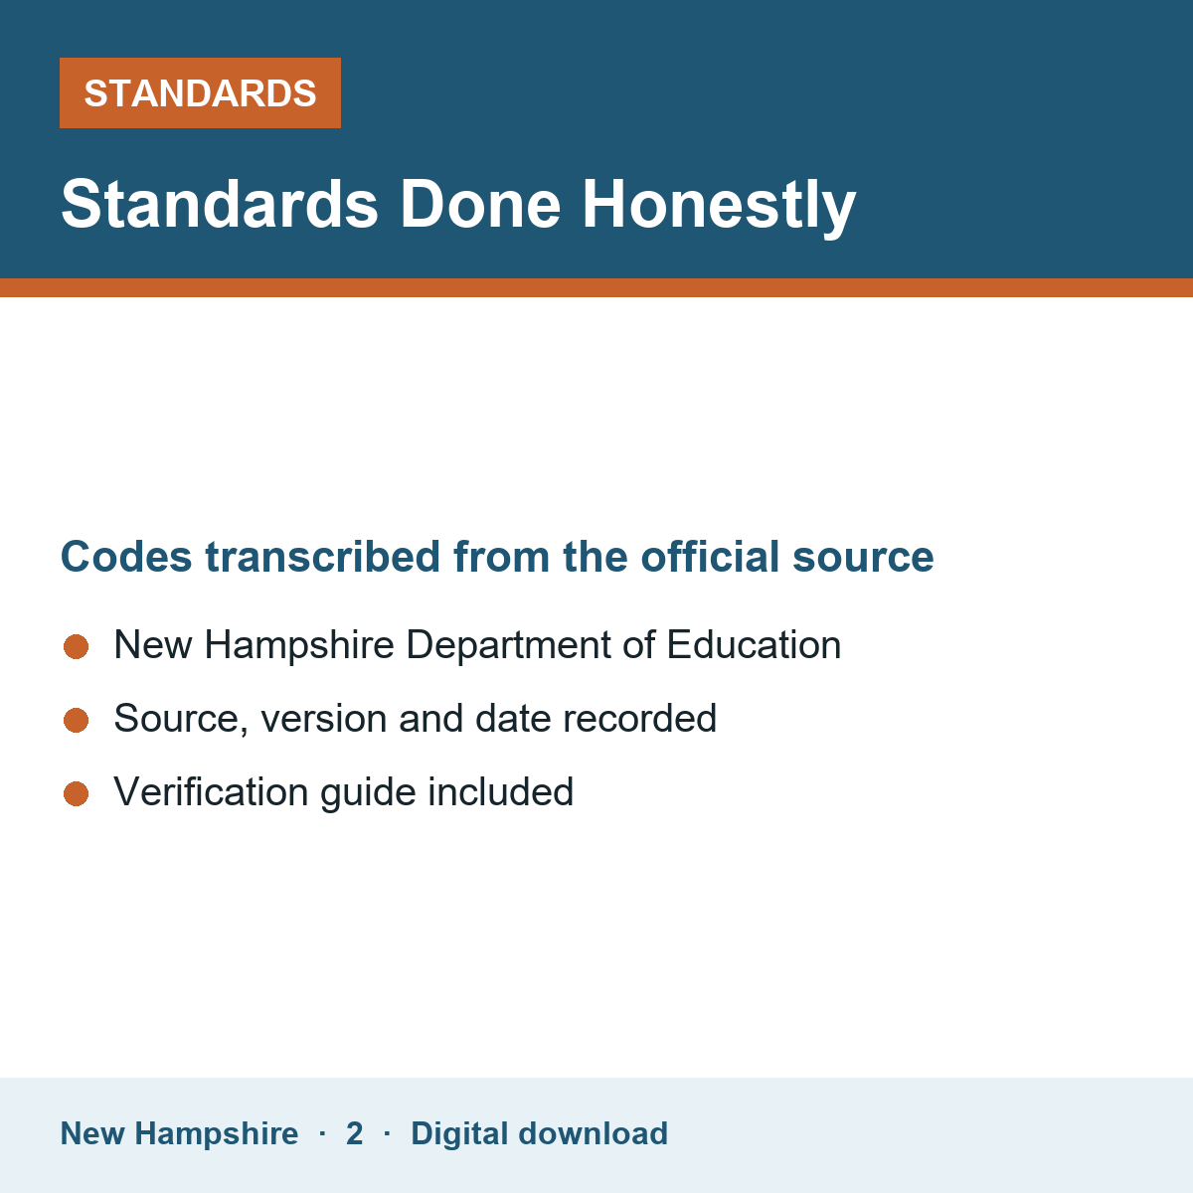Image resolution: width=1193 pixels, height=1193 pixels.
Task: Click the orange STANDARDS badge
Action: tap(200, 92)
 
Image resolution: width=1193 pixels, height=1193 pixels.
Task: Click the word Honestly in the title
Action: tap(719, 206)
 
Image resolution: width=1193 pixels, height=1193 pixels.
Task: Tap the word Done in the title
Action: tap(480, 205)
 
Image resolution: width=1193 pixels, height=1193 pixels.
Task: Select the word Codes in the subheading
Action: tap(126, 557)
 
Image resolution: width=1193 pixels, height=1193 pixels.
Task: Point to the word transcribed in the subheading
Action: tap(322, 557)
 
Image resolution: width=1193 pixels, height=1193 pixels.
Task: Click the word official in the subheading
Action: tap(710, 556)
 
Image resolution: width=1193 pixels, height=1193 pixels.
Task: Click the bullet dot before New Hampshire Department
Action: tap(77, 646)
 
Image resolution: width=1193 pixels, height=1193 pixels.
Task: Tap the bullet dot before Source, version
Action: tap(77, 720)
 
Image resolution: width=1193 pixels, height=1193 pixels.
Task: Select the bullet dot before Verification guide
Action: tap(77, 793)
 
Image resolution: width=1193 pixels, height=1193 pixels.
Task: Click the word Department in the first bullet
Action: tap(508, 646)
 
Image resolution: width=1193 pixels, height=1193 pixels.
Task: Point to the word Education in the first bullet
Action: tap(754, 644)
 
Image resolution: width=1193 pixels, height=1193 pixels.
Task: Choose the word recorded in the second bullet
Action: tap(639, 718)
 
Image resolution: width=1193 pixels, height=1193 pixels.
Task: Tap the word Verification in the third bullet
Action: tap(211, 791)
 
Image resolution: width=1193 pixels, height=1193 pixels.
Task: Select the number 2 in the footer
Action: tap(354, 1133)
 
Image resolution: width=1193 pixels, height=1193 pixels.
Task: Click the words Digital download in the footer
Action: tap(539, 1134)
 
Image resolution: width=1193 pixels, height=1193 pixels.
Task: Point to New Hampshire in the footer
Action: tap(179, 1134)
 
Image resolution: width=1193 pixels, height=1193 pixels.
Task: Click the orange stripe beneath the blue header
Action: tap(596, 288)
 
